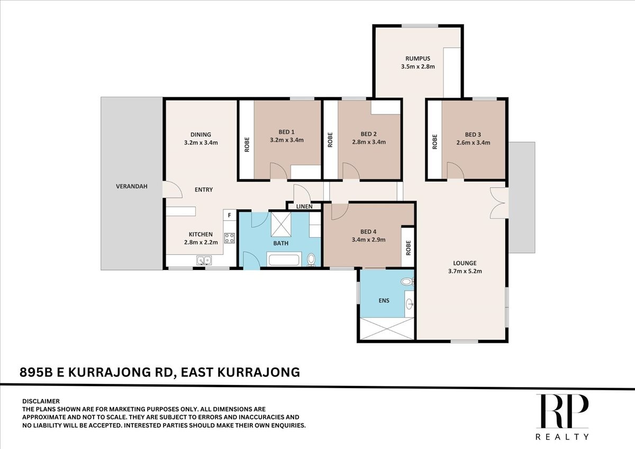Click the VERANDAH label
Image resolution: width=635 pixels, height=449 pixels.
[x=132, y=186]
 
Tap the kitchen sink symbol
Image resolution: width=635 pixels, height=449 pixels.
[x=204, y=261]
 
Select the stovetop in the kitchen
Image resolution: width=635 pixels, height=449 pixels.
[x=229, y=238]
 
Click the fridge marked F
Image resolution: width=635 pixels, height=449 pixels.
[x=229, y=215]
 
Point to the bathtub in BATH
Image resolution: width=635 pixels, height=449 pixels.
[x=284, y=260]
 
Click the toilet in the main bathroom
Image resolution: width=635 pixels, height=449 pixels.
[x=311, y=260]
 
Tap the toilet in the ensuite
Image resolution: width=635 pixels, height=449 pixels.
[x=407, y=282]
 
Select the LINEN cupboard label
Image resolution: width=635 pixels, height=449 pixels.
[x=304, y=206]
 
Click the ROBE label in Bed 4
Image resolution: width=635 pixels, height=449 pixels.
[x=408, y=248]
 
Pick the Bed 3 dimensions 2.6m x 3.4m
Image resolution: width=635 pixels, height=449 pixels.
[x=473, y=142]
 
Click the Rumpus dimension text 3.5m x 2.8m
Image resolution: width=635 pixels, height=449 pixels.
[x=418, y=67]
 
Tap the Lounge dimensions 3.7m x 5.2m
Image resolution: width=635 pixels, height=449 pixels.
[x=465, y=271]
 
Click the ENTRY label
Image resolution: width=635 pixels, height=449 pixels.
[x=204, y=190]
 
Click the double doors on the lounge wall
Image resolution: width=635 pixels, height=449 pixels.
[x=498, y=203]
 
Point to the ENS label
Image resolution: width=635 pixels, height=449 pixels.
[x=384, y=300]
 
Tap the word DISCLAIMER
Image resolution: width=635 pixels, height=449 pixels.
[x=41, y=401]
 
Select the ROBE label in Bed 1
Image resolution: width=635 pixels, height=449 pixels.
[x=247, y=145]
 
